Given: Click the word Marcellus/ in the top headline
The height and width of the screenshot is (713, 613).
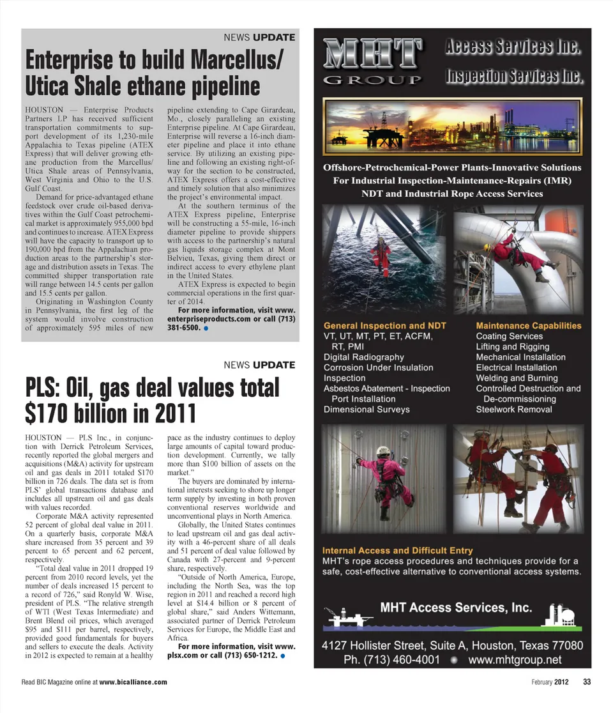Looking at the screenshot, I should pyautogui.click(x=236, y=61).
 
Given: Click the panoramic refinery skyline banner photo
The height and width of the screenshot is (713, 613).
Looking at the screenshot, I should pyautogui.click(x=452, y=125).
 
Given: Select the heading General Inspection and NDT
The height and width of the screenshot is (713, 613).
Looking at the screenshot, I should pyautogui.click(x=384, y=325).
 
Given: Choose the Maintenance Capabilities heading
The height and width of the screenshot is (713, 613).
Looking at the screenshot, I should pyautogui.click(x=529, y=325).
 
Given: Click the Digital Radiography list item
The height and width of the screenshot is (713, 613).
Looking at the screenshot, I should pyautogui.click(x=363, y=357).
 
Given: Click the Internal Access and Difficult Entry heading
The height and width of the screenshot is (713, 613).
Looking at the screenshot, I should pyautogui.click(x=397, y=550).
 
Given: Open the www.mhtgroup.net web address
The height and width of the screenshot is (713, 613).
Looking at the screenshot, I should pyautogui.click(x=515, y=659).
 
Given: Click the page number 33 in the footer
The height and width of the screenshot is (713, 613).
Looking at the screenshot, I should pyautogui.click(x=587, y=682).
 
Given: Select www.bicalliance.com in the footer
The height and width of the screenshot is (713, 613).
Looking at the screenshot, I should pyautogui.click(x=133, y=682).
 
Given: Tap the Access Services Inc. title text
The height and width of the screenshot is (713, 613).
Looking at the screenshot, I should pyautogui.click(x=513, y=47).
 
